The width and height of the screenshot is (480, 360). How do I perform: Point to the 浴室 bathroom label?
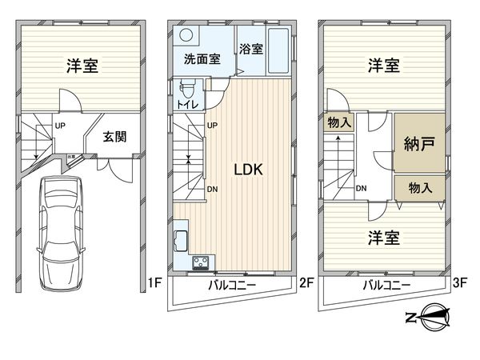click(x=251, y=47)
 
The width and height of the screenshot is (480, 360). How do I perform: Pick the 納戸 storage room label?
click(x=420, y=145)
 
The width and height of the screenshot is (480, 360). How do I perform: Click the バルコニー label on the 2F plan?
click(x=233, y=285)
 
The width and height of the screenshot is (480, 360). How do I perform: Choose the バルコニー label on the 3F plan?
click(x=386, y=285)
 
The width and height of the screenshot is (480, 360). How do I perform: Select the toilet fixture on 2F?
click(x=186, y=88)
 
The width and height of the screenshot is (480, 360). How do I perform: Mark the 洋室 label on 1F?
click(x=82, y=66)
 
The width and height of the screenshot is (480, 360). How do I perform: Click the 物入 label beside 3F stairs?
click(x=338, y=122)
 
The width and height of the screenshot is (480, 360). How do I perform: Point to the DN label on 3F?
click(x=361, y=189)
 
